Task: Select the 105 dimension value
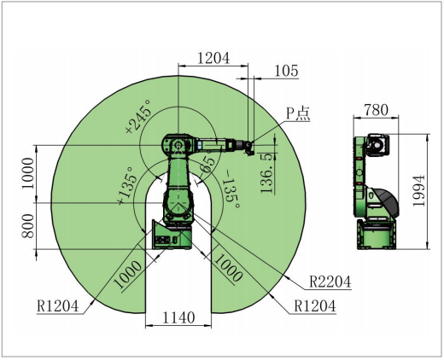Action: pyautogui.click(x=286, y=72)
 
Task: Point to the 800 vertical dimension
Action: pyautogui.click(x=25, y=226)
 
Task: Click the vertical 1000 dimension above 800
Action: pyautogui.click(x=25, y=175)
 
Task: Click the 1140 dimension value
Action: pyautogui.click(x=178, y=317)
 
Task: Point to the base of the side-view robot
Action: pyautogui.click(x=375, y=235)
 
